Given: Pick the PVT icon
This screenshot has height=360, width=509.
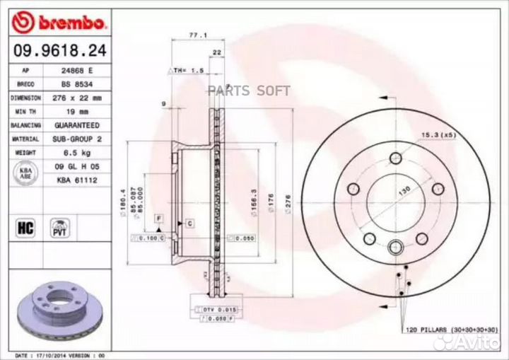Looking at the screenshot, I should click(59, 227).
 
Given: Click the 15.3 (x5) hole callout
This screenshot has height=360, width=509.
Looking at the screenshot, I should click(438, 134).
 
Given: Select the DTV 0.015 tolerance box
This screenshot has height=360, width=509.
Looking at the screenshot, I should click(217, 310).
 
